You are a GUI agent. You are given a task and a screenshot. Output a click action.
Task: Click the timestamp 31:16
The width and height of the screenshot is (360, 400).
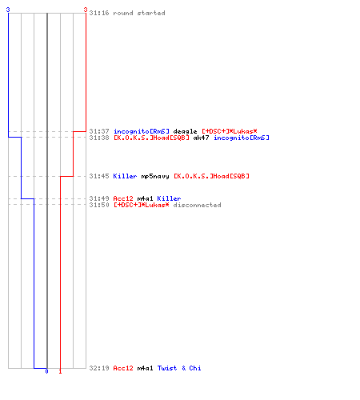[99, 13]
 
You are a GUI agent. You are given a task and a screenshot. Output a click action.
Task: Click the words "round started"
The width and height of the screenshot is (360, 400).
[139, 13]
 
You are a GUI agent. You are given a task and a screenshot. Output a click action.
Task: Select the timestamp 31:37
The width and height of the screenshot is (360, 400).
[99, 131]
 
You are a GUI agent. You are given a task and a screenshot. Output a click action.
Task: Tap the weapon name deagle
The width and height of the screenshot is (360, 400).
[185, 131]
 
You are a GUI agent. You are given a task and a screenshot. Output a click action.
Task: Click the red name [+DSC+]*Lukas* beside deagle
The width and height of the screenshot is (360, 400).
[230, 131]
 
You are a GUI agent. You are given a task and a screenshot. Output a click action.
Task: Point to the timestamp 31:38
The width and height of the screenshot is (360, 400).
[99, 138]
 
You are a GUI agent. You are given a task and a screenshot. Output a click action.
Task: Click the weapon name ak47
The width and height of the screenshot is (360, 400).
[201, 138]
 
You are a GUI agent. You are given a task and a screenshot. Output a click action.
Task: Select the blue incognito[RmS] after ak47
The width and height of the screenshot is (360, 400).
[242, 138]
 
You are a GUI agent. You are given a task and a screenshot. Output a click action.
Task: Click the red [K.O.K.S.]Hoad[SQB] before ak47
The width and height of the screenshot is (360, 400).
[151, 138]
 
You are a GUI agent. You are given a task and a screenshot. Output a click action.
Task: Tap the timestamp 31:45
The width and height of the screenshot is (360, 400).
[99, 176]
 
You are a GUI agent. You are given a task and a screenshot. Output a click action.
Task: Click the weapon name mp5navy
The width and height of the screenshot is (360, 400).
[155, 176]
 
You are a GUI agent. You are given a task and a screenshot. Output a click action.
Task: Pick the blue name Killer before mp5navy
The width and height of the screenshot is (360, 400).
[125, 176]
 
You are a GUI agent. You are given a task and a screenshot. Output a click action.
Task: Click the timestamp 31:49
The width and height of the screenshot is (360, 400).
[99, 198]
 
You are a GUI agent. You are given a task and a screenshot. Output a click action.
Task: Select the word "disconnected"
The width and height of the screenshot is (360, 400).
[198, 205]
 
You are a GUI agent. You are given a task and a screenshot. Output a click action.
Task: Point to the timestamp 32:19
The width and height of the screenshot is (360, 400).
[99, 368]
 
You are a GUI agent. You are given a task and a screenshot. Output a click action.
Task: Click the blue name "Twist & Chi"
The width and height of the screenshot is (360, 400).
[179, 368]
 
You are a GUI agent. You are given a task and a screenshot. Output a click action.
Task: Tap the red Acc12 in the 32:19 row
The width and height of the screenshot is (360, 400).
[123, 368]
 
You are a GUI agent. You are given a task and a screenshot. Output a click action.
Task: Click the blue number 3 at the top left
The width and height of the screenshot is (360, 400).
[8, 10]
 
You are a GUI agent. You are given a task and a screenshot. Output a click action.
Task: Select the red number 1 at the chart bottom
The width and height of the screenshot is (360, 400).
[60, 371]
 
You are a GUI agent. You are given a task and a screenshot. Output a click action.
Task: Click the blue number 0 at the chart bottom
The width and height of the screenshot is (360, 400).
[47, 371]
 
